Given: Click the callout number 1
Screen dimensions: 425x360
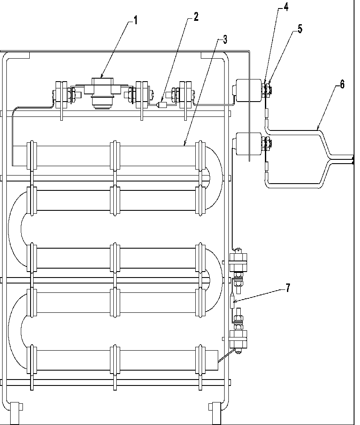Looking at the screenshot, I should [136, 20].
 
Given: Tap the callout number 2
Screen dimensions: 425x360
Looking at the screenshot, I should [196, 17].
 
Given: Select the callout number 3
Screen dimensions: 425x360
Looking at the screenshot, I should [225, 40].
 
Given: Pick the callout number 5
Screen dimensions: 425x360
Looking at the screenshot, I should [300, 29].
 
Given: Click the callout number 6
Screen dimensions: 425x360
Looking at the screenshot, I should [342, 84].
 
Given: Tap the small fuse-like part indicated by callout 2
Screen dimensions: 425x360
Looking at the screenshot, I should [162, 105].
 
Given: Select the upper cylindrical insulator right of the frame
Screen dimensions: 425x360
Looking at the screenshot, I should [249, 90].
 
